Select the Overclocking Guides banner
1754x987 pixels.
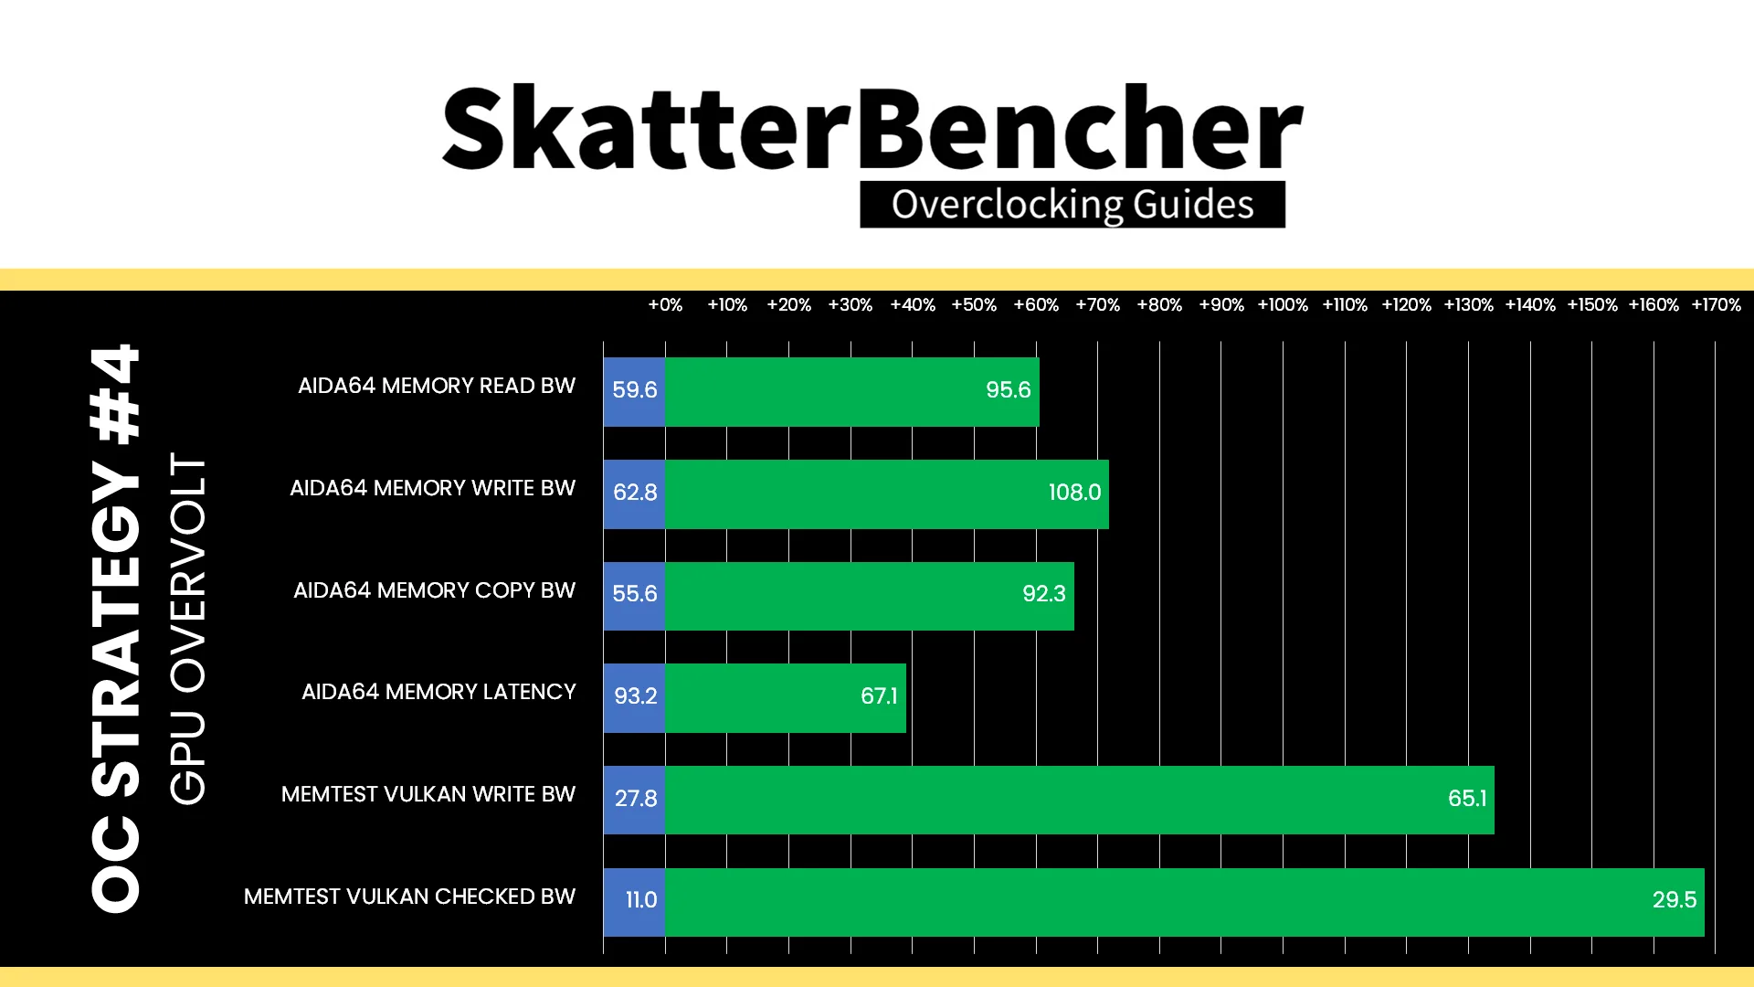pos(1072,204)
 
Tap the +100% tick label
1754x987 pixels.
pos(1283,304)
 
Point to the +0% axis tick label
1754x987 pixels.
pos(665,304)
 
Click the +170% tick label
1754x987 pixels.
pos(1716,304)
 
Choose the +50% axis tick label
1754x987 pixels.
pos(974,304)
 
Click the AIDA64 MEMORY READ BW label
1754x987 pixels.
pos(437,386)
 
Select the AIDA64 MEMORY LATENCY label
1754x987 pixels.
pos(438,692)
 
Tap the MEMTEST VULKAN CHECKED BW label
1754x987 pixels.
pos(409,897)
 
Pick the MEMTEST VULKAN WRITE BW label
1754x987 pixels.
pos(428,794)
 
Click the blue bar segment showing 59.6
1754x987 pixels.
pos(634,391)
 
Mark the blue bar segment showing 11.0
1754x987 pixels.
pos(634,902)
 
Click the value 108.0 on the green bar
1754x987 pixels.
pos(1074,493)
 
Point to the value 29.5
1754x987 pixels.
pos(1675,900)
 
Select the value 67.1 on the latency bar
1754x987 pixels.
pos(879,696)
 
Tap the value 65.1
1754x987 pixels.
pos(1467,799)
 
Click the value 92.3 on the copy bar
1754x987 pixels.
pos(1044,594)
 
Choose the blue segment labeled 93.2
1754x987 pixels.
pos(634,698)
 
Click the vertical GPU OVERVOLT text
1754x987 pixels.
pos(188,629)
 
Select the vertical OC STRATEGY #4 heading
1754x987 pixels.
pos(116,628)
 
